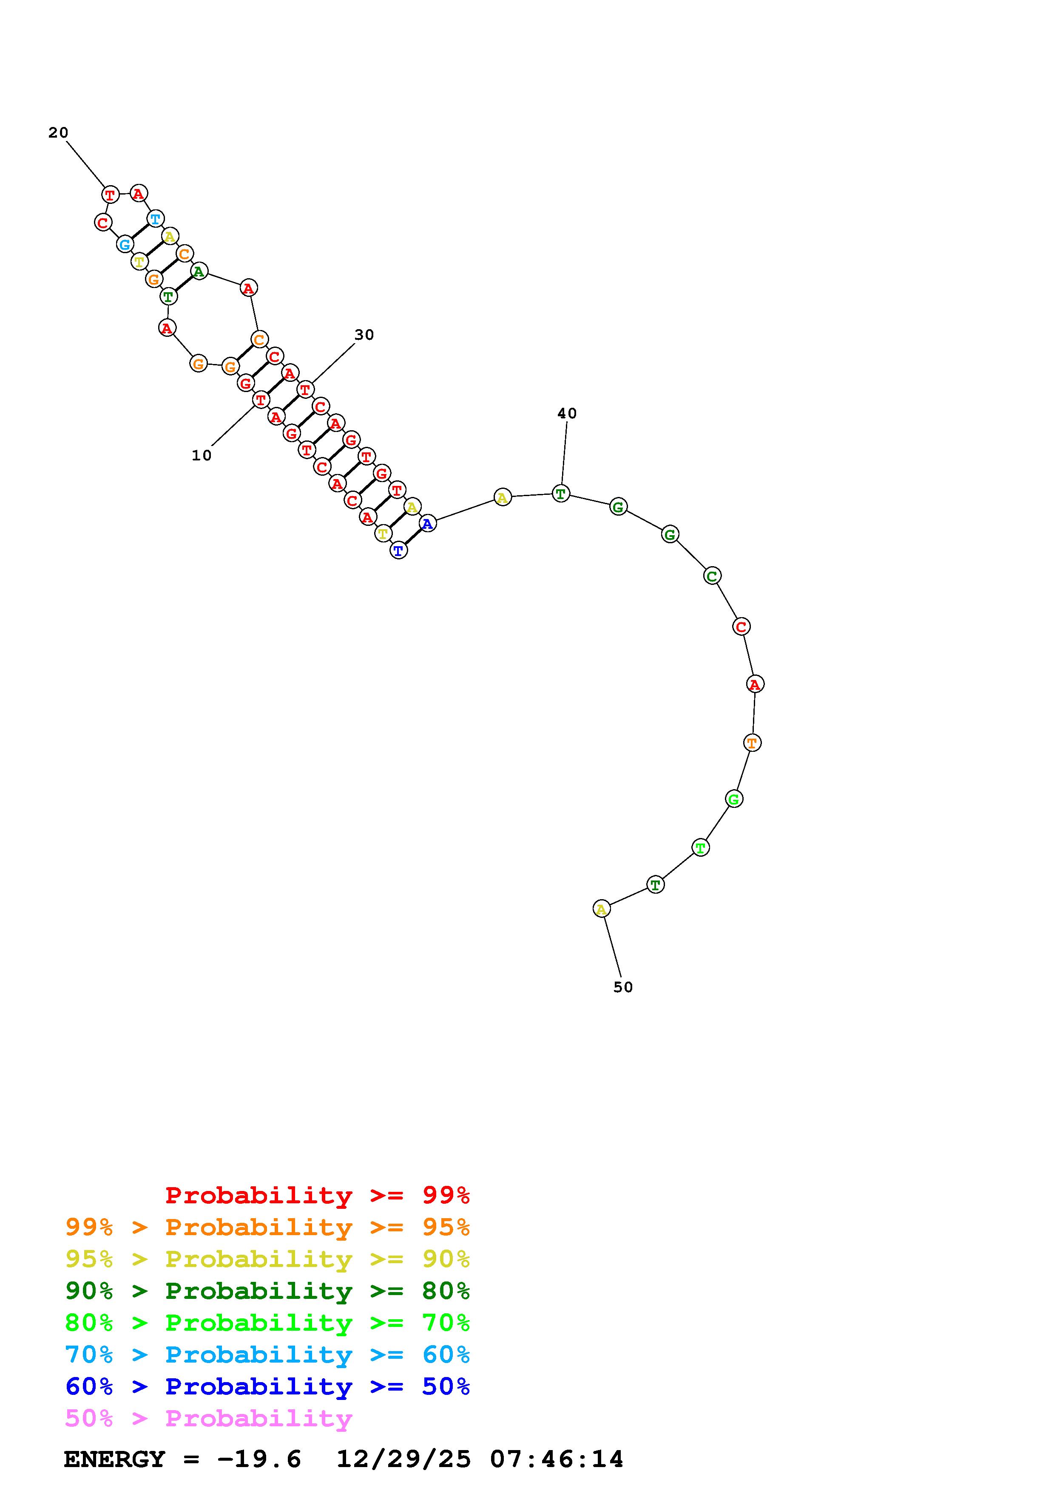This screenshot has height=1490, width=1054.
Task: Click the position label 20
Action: (x=58, y=133)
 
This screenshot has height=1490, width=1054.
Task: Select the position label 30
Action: (x=364, y=335)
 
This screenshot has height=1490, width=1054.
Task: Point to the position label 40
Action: (x=567, y=413)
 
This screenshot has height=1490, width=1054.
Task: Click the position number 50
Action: (x=623, y=987)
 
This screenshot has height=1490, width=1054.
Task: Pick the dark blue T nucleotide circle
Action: (x=399, y=550)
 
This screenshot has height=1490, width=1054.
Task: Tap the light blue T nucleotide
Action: (x=155, y=219)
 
